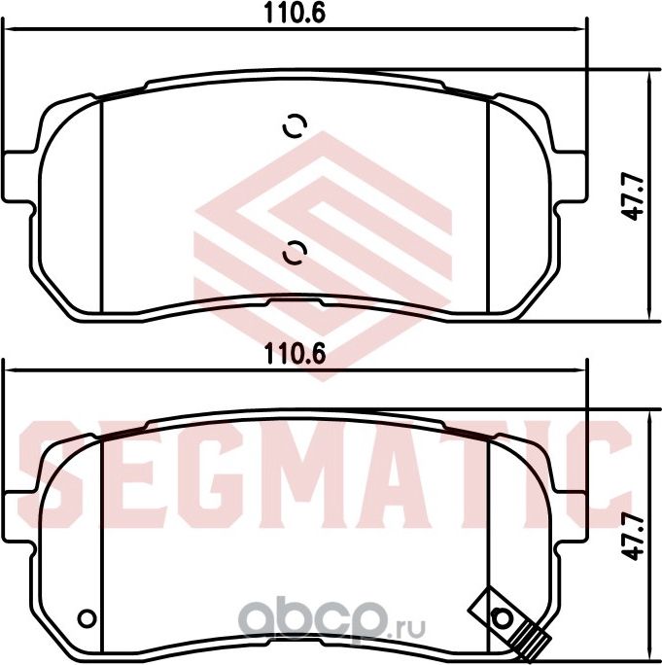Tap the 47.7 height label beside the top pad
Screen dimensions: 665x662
(636, 197)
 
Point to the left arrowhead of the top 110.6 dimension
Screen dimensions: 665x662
(12, 29)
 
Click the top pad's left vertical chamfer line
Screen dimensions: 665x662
(102, 205)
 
